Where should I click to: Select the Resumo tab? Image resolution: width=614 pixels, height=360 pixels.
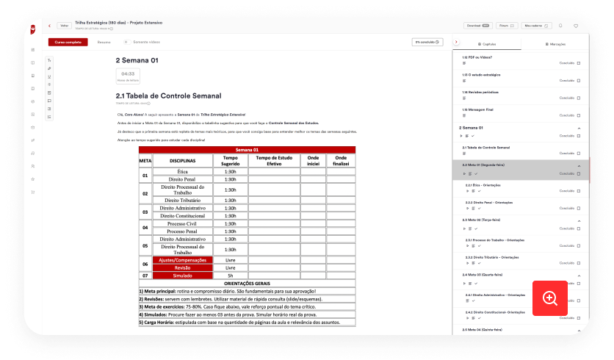(x=104, y=42)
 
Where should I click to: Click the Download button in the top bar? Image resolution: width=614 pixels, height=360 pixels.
(x=477, y=25)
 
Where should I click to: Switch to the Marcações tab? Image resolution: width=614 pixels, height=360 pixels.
(x=555, y=44)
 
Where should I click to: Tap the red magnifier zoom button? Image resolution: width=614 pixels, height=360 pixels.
(x=550, y=298)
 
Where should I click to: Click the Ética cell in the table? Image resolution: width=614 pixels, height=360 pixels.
(x=182, y=171)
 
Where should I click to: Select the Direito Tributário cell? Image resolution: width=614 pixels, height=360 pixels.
(x=182, y=200)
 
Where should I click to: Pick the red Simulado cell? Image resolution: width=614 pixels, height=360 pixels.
(x=182, y=276)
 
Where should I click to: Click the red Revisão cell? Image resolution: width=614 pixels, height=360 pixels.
(x=182, y=268)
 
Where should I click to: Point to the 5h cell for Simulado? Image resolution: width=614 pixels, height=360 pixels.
(x=230, y=276)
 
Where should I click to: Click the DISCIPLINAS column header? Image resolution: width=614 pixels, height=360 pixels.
(x=182, y=160)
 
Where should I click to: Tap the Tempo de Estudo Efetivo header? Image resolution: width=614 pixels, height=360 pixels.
(x=273, y=160)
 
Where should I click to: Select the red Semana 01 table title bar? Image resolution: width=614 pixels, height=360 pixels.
(x=247, y=150)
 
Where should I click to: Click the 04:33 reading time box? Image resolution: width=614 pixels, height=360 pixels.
(x=128, y=76)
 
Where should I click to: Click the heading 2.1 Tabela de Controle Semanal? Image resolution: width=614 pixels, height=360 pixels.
(x=168, y=96)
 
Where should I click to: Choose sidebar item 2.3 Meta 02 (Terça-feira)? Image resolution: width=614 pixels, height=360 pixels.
(x=484, y=220)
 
